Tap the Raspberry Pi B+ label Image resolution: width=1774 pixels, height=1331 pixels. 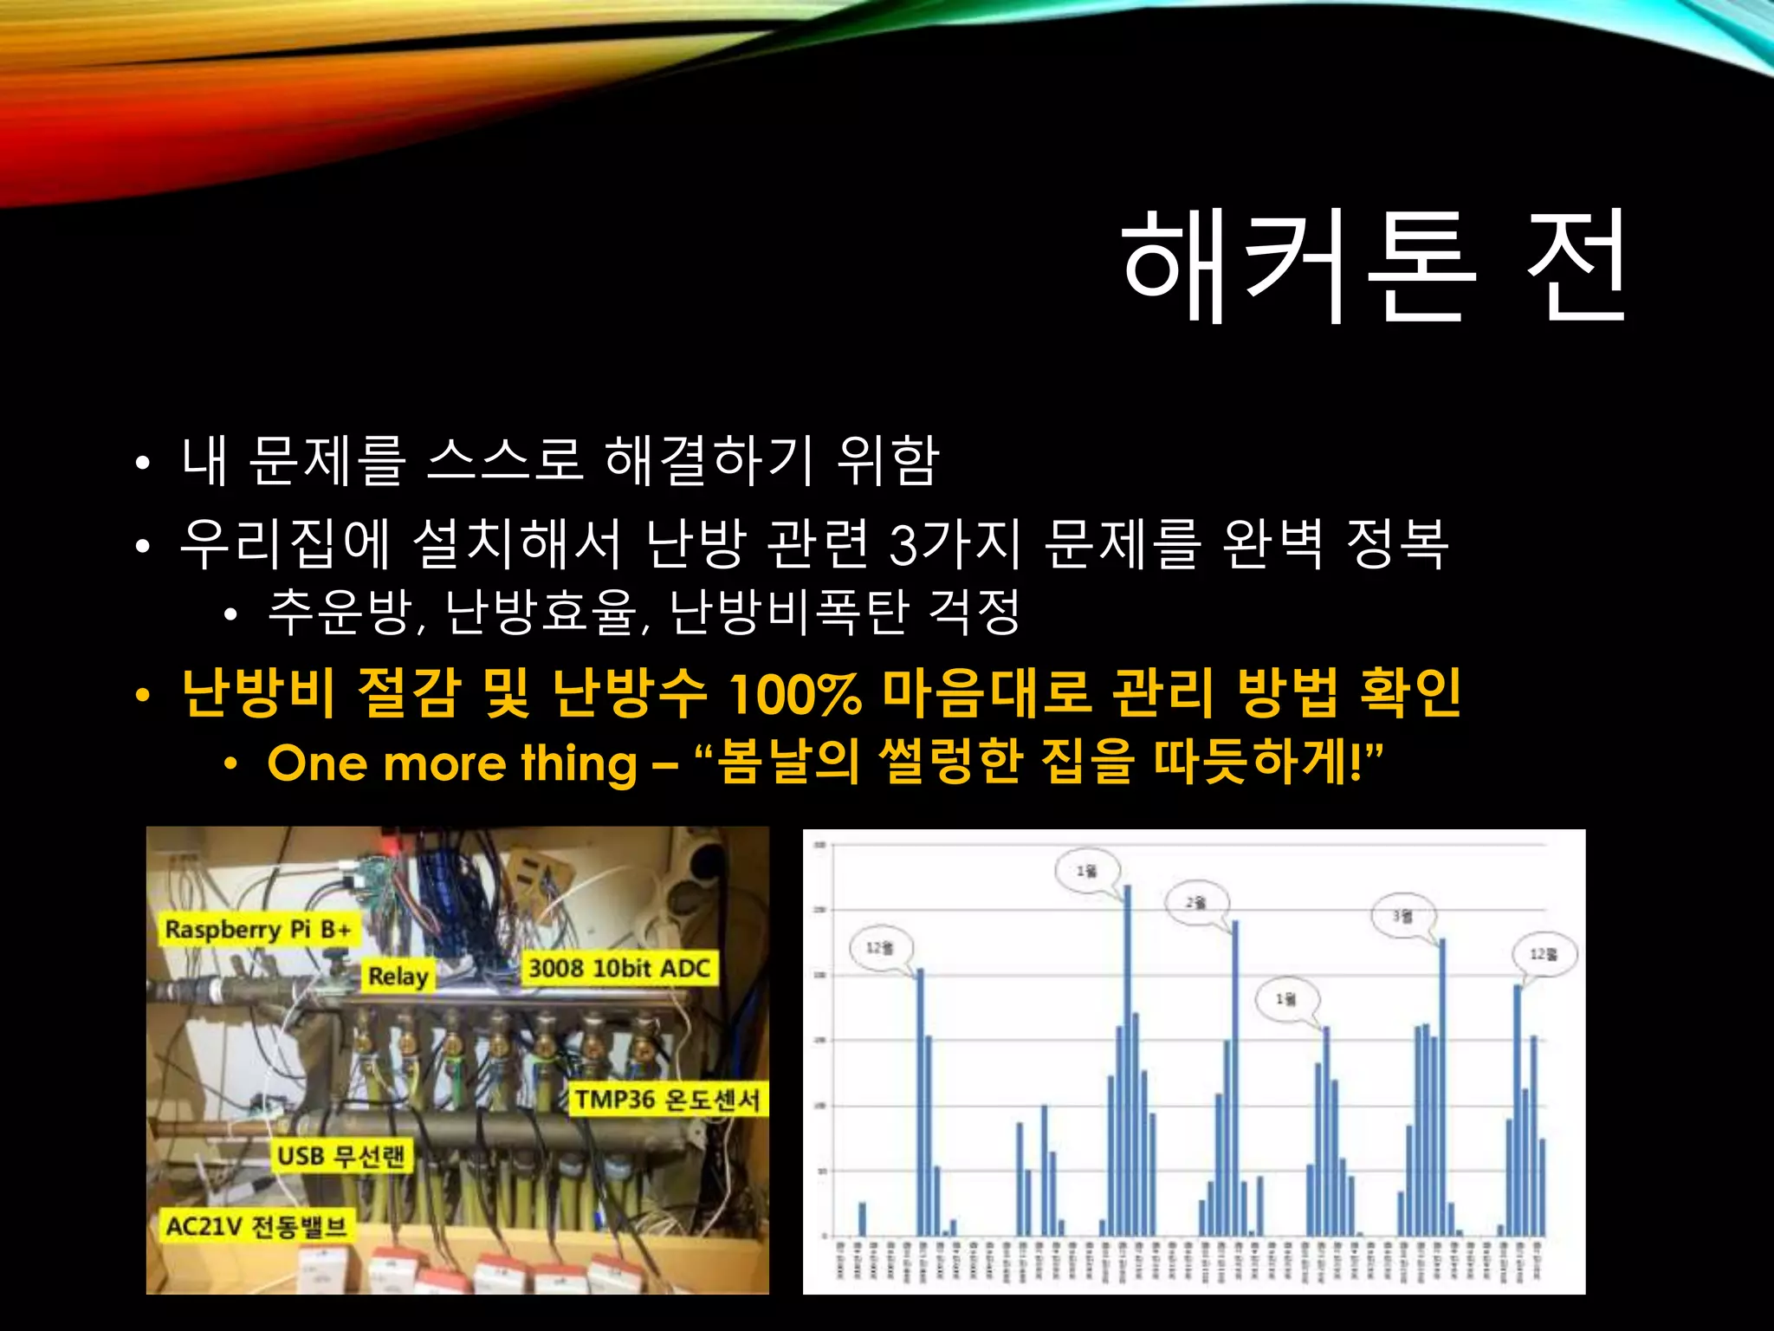[x=258, y=930]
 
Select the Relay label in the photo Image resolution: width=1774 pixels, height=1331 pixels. [x=398, y=977]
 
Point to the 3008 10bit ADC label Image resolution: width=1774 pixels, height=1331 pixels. [x=618, y=968]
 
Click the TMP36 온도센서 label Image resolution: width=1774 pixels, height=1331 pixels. [x=667, y=1100]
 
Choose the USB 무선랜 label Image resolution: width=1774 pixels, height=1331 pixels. [x=340, y=1156]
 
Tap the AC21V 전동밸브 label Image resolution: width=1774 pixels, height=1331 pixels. [x=256, y=1226]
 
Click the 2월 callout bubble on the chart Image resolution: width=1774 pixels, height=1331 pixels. [x=1195, y=903]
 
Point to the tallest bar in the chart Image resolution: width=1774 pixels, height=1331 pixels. [x=1127, y=1057]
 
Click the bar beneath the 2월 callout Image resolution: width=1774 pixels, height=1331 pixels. [x=1235, y=1075]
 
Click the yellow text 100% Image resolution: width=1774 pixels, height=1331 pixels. [x=794, y=694]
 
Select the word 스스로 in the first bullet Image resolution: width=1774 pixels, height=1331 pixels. [x=504, y=459]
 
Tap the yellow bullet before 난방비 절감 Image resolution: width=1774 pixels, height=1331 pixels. [x=143, y=695]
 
